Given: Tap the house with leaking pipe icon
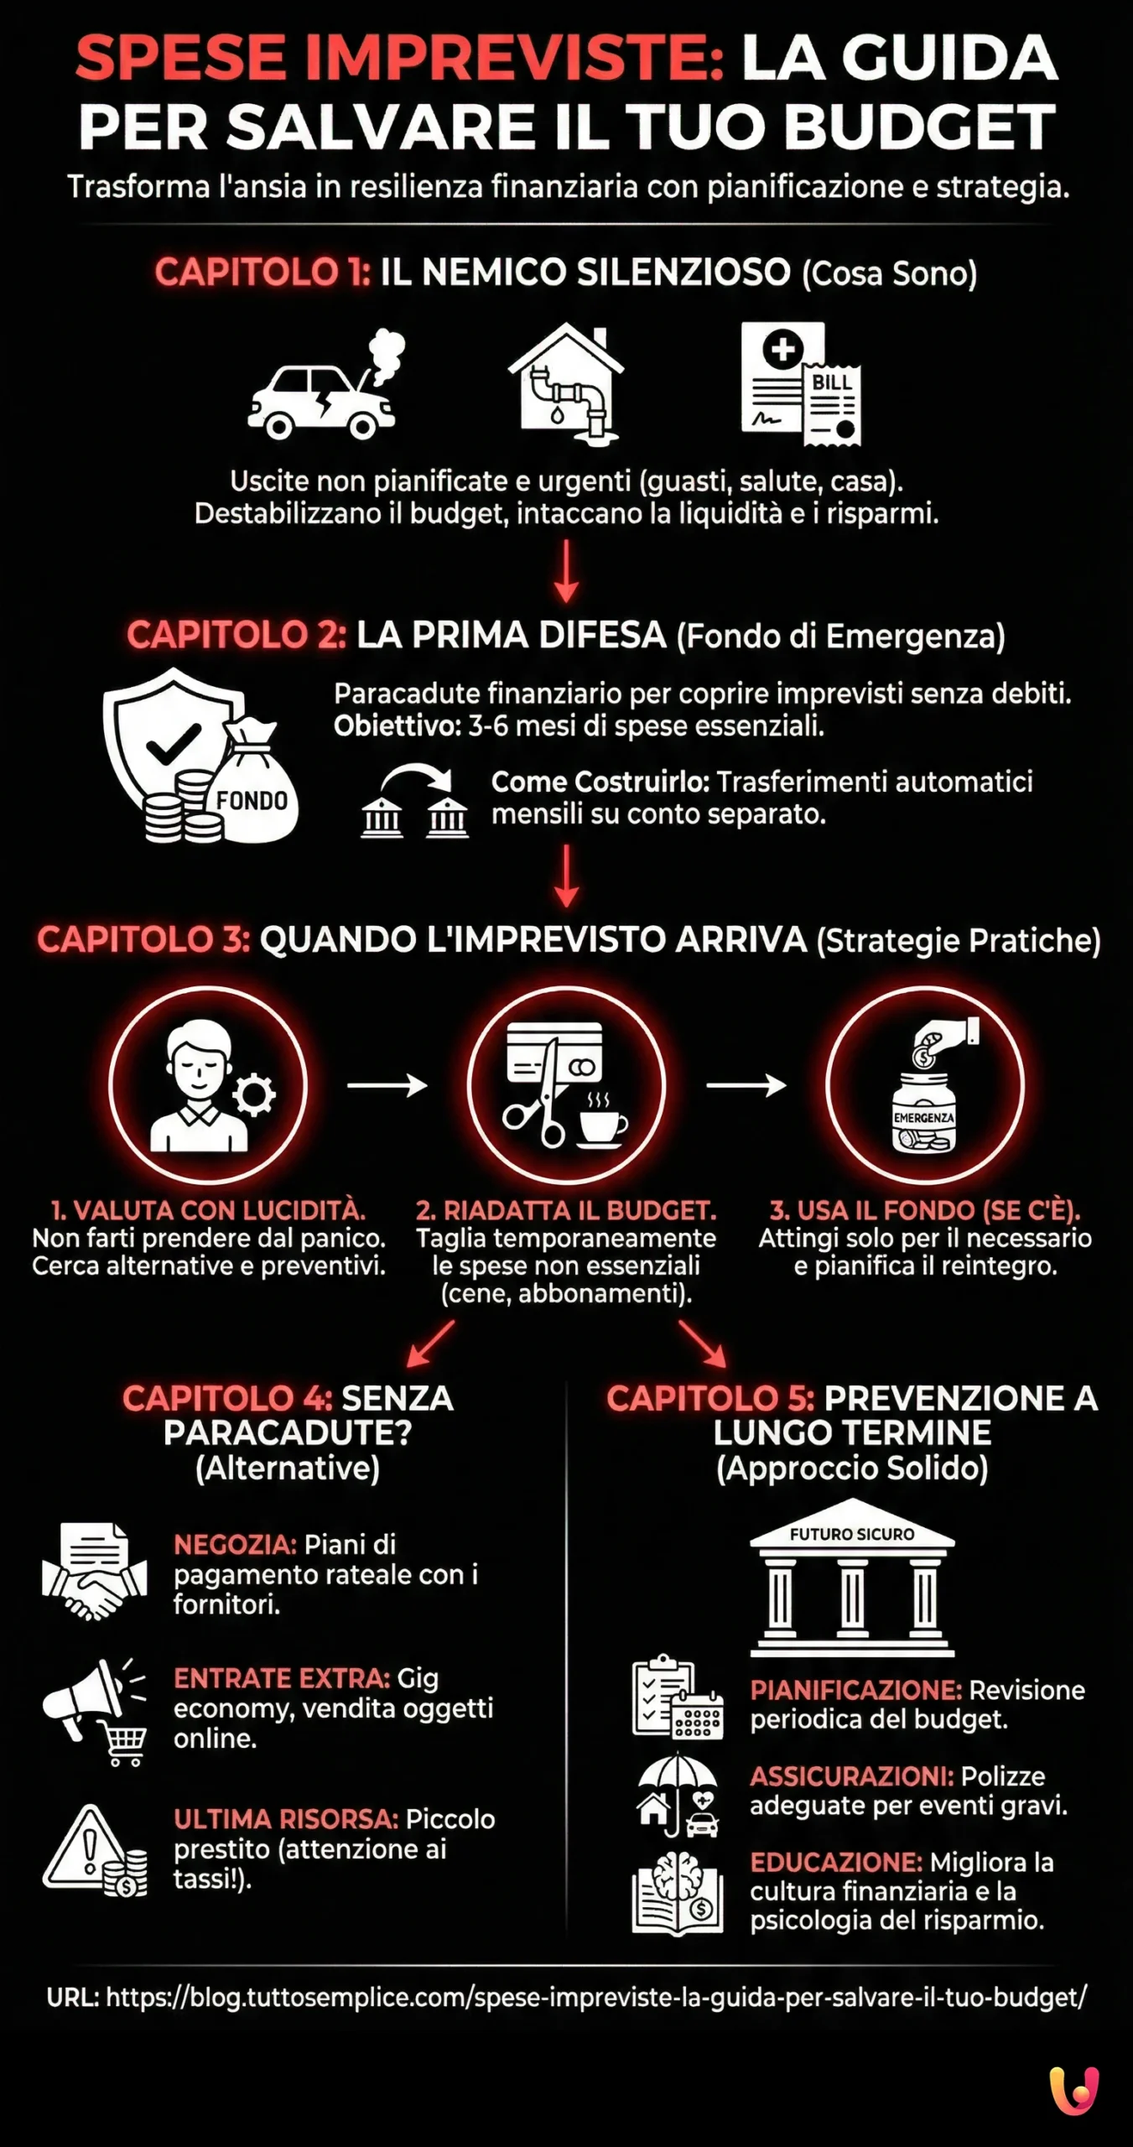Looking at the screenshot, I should (566, 382).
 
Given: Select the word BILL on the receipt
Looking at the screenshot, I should (831, 382).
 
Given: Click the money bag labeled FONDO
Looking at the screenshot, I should (252, 788).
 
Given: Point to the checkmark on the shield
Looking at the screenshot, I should (174, 742).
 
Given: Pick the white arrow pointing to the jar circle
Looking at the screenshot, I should (746, 1085).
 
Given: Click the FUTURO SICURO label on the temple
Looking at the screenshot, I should (851, 1534).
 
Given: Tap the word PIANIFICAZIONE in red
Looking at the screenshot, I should (855, 1690).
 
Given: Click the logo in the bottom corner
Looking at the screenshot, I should (1073, 2090).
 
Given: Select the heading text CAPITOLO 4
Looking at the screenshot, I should (227, 1398).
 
